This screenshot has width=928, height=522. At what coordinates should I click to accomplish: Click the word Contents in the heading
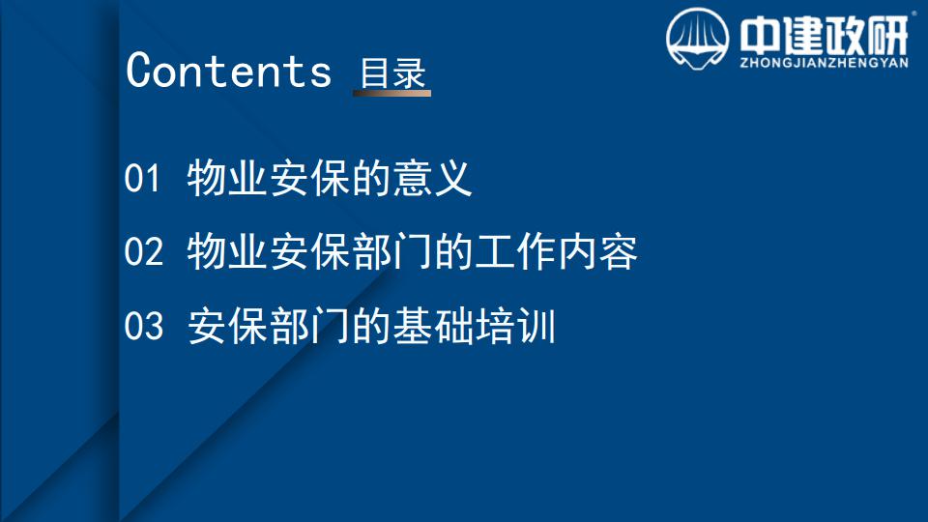pyautogui.click(x=228, y=71)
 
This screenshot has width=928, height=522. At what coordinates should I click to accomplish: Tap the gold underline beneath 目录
pyautogui.click(x=391, y=93)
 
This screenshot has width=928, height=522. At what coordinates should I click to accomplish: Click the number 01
pyautogui.click(x=142, y=178)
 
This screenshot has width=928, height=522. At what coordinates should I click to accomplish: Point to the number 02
pyautogui.click(x=143, y=251)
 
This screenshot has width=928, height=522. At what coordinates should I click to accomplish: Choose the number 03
pyautogui.click(x=143, y=326)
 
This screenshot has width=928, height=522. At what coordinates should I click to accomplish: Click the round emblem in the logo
pyautogui.click(x=697, y=39)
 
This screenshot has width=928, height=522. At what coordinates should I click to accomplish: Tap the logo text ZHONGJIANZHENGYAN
pyautogui.click(x=824, y=63)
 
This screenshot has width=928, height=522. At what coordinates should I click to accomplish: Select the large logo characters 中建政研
pyautogui.click(x=824, y=35)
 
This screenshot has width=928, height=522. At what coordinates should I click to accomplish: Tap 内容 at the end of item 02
pyautogui.click(x=598, y=251)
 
